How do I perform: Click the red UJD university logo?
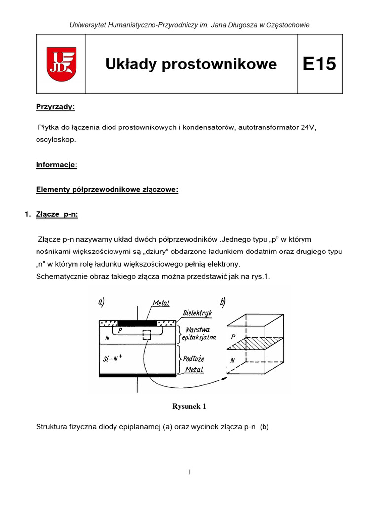point(61,64)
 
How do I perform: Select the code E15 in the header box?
point(319,64)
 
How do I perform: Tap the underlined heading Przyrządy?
point(55,106)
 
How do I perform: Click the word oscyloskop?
point(56,140)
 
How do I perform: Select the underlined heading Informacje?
point(57,165)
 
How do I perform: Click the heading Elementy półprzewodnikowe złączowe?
point(107,190)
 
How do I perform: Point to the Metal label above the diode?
point(161,303)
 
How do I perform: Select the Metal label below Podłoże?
point(194,369)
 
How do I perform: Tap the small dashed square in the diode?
point(147,335)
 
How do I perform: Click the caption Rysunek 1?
point(189,406)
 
